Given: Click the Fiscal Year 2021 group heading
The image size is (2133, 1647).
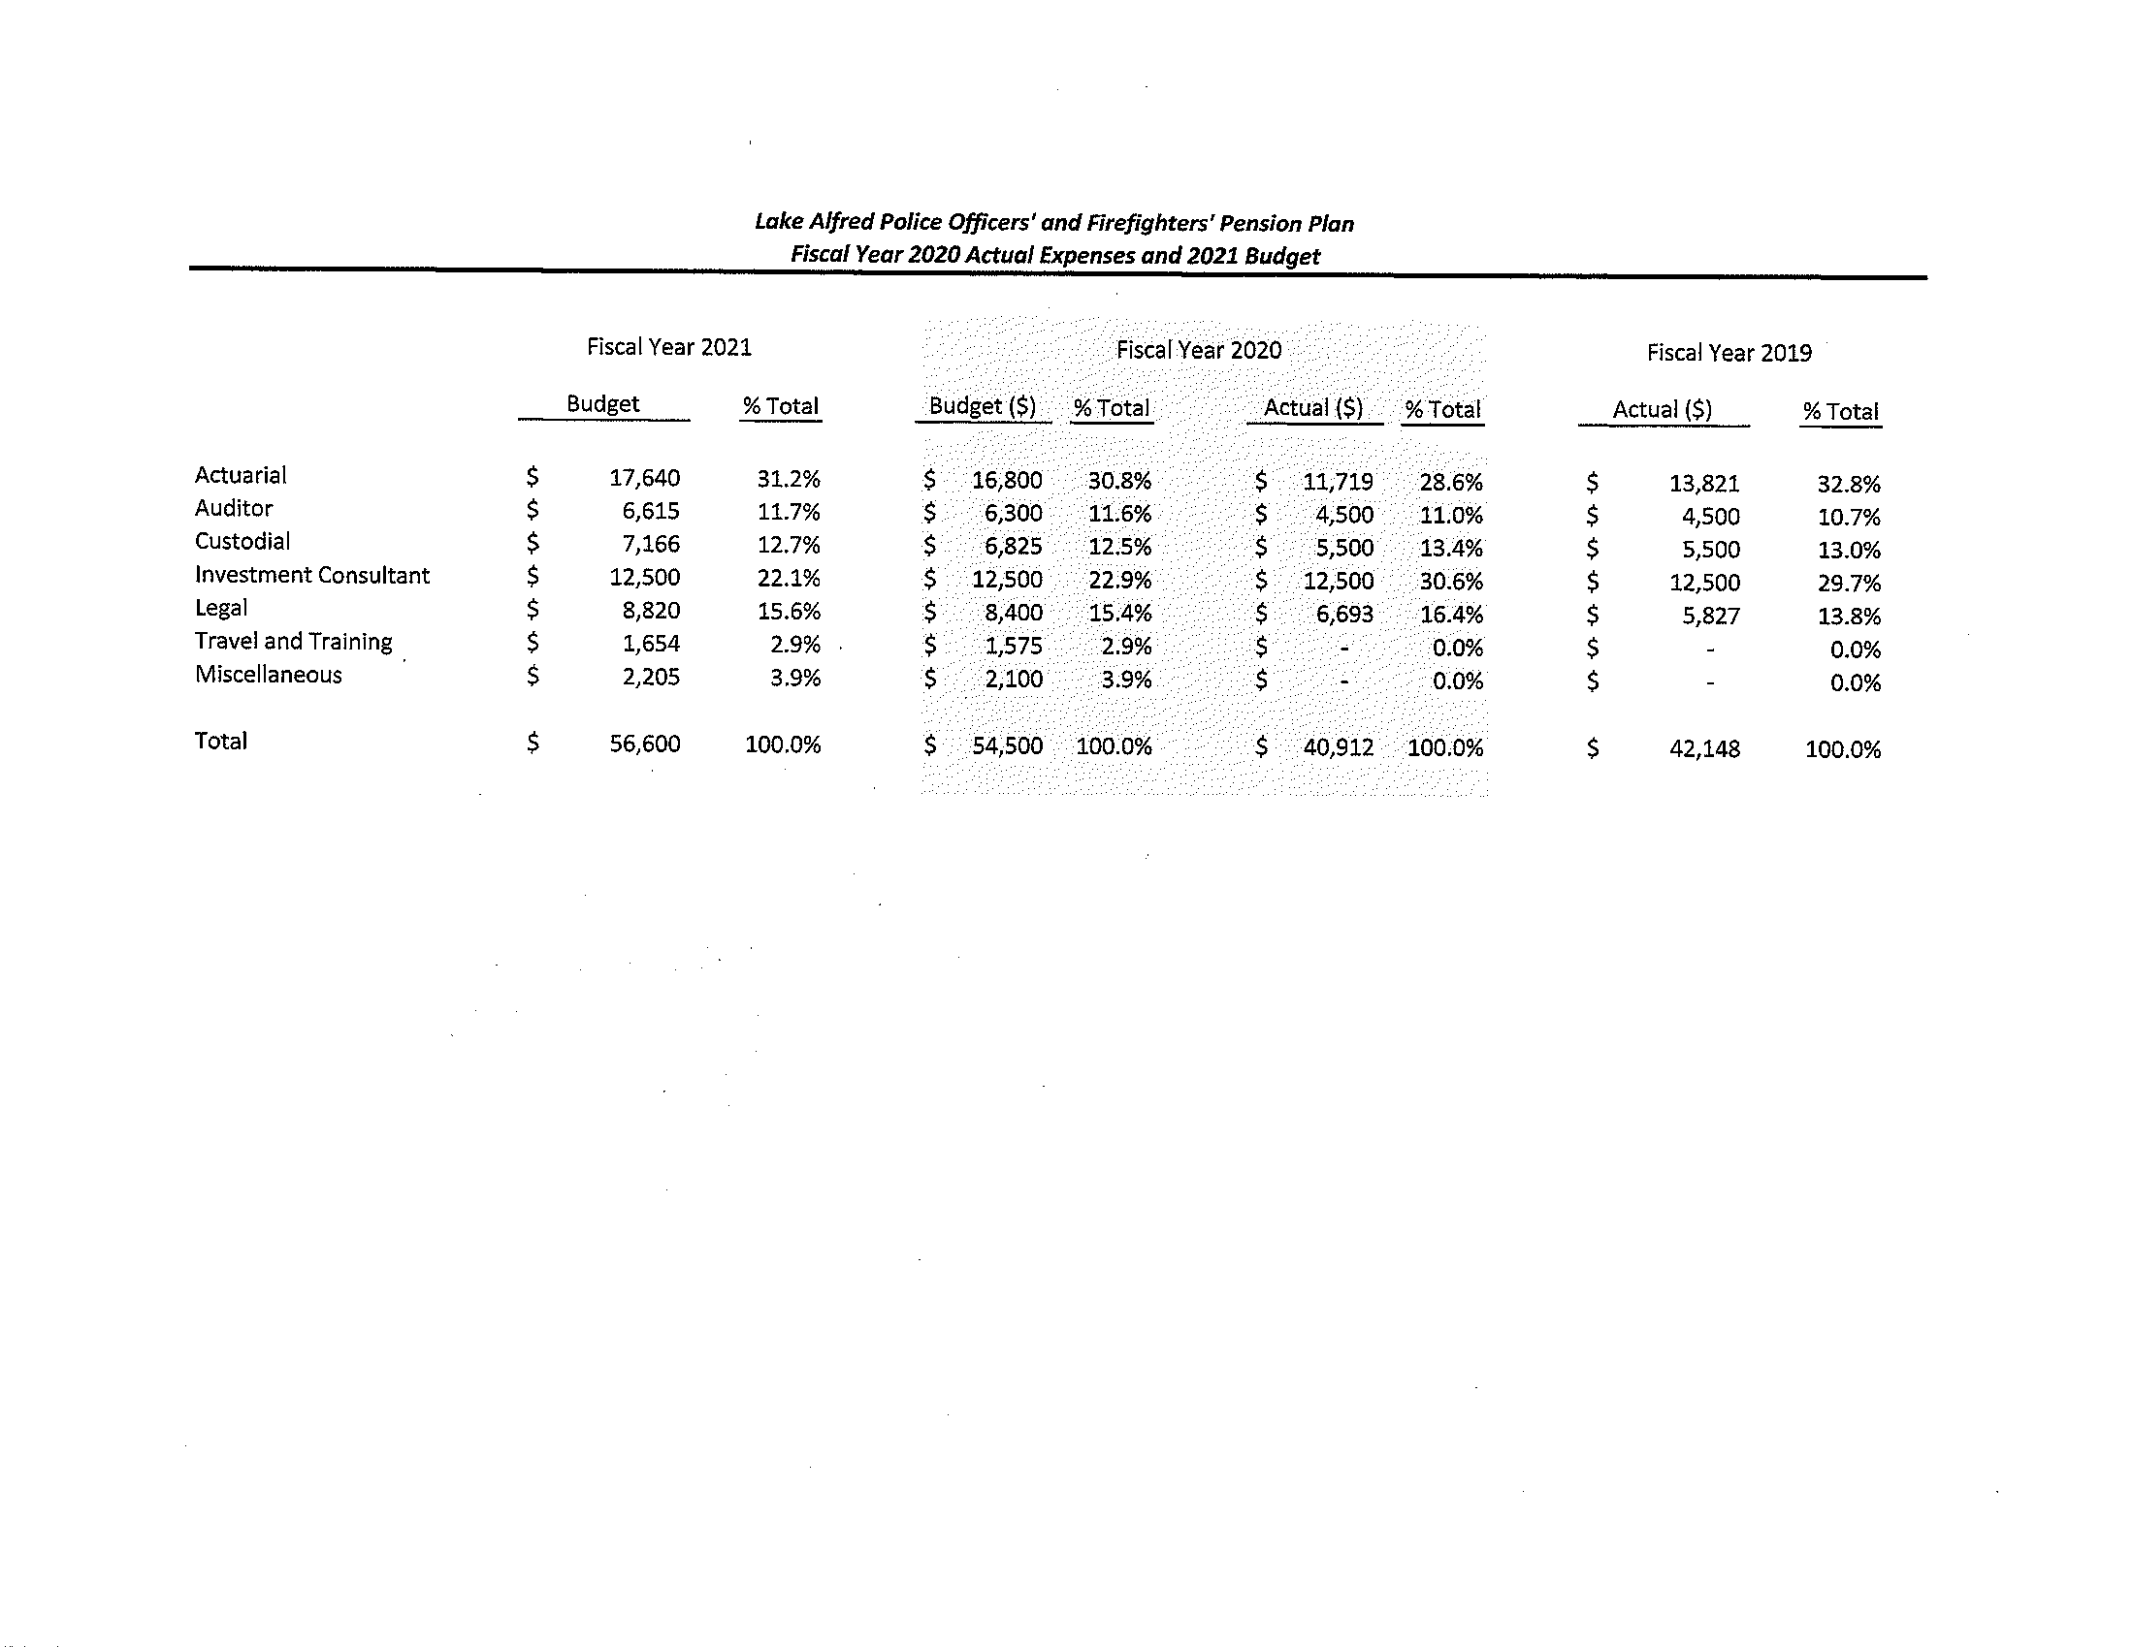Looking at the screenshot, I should click(669, 348).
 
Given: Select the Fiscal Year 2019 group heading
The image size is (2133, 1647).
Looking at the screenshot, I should click(1729, 354).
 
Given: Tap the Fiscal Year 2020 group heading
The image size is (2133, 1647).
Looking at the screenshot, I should click(1198, 351).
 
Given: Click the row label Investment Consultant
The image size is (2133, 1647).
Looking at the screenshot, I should click(311, 576).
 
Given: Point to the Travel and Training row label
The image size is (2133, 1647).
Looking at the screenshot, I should click(293, 642).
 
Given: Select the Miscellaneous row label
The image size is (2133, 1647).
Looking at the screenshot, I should click(269, 675).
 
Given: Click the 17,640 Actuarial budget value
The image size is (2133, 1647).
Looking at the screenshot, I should click(645, 478).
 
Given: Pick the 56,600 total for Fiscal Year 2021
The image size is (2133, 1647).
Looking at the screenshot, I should click(645, 744).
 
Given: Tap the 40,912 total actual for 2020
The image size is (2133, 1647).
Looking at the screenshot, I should click(1338, 747).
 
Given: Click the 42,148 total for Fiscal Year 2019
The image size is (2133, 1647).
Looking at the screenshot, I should click(1704, 749).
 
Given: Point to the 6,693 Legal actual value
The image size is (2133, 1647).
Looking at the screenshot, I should click(1343, 615).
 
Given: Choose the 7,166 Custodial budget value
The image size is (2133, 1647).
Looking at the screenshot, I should click(651, 545).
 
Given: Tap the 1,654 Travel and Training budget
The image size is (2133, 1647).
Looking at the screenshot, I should click(651, 645).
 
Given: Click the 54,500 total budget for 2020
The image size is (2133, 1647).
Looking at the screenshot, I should click(1007, 746).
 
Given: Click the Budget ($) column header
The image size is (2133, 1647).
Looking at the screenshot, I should click(983, 407).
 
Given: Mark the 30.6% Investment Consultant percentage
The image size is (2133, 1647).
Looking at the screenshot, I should click(1450, 582).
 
